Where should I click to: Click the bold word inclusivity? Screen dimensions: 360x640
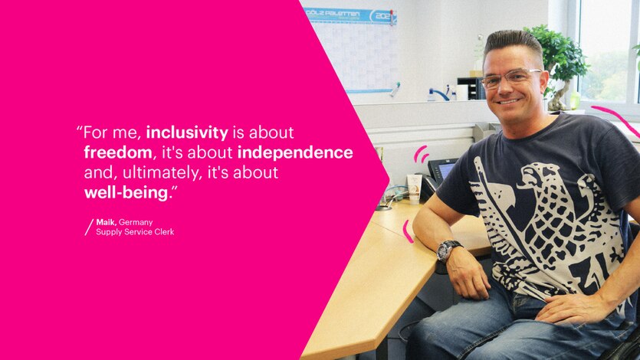(186, 133)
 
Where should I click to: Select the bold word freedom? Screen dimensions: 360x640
(119, 152)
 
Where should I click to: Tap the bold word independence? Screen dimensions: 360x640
(295, 152)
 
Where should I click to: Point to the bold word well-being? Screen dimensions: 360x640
(126, 192)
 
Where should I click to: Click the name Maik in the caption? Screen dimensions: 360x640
(106, 222)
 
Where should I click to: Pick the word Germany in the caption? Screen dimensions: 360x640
(136, 222)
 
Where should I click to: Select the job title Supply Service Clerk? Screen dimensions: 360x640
(135, 232)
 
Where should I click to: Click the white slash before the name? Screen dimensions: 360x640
(88, 227)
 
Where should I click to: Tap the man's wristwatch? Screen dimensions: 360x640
(448, 250)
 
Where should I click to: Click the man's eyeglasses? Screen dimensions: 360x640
(512, 79)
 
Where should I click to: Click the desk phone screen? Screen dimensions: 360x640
(446, 170)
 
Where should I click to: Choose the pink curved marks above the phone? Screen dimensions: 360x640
(421, 154)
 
